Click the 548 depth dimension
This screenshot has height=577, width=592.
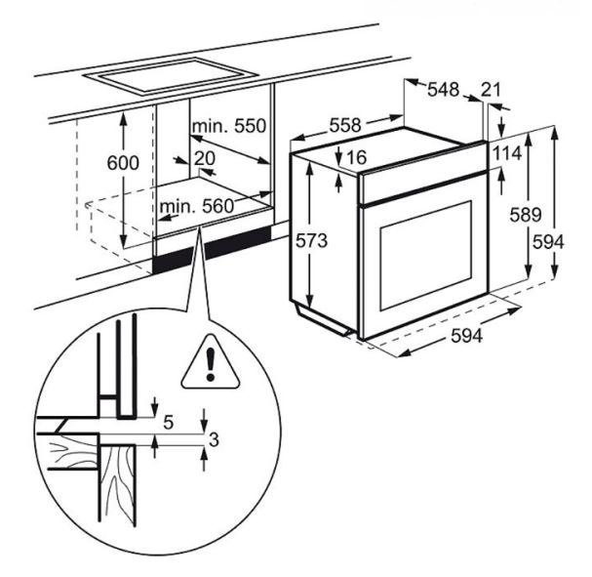click(443, 90)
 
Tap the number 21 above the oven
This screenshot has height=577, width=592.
click(492, 90)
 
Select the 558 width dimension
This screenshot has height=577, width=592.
click(345, 125)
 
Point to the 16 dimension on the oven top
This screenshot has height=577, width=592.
click(356, 157)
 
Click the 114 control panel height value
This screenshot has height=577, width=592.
click(507, 153)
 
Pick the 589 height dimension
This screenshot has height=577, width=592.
click(525, 215)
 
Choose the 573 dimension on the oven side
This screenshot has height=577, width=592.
click(311, 240)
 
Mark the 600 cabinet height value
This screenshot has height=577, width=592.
click(123, 163)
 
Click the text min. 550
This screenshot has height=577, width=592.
click(229, 126)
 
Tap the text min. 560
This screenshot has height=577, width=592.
click(197, 206)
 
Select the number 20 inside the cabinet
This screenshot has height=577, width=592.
click(205, 158)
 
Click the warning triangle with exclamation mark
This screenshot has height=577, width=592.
click(211, 362)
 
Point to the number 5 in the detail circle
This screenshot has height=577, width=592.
click(169, 422)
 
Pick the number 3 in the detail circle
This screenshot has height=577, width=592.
click(214, 439)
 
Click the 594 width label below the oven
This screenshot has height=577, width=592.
click(466, 335)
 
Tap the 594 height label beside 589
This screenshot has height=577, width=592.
click(548, 242)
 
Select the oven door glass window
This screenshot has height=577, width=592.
click(426, 256)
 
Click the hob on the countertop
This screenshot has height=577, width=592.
click(171, 76)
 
